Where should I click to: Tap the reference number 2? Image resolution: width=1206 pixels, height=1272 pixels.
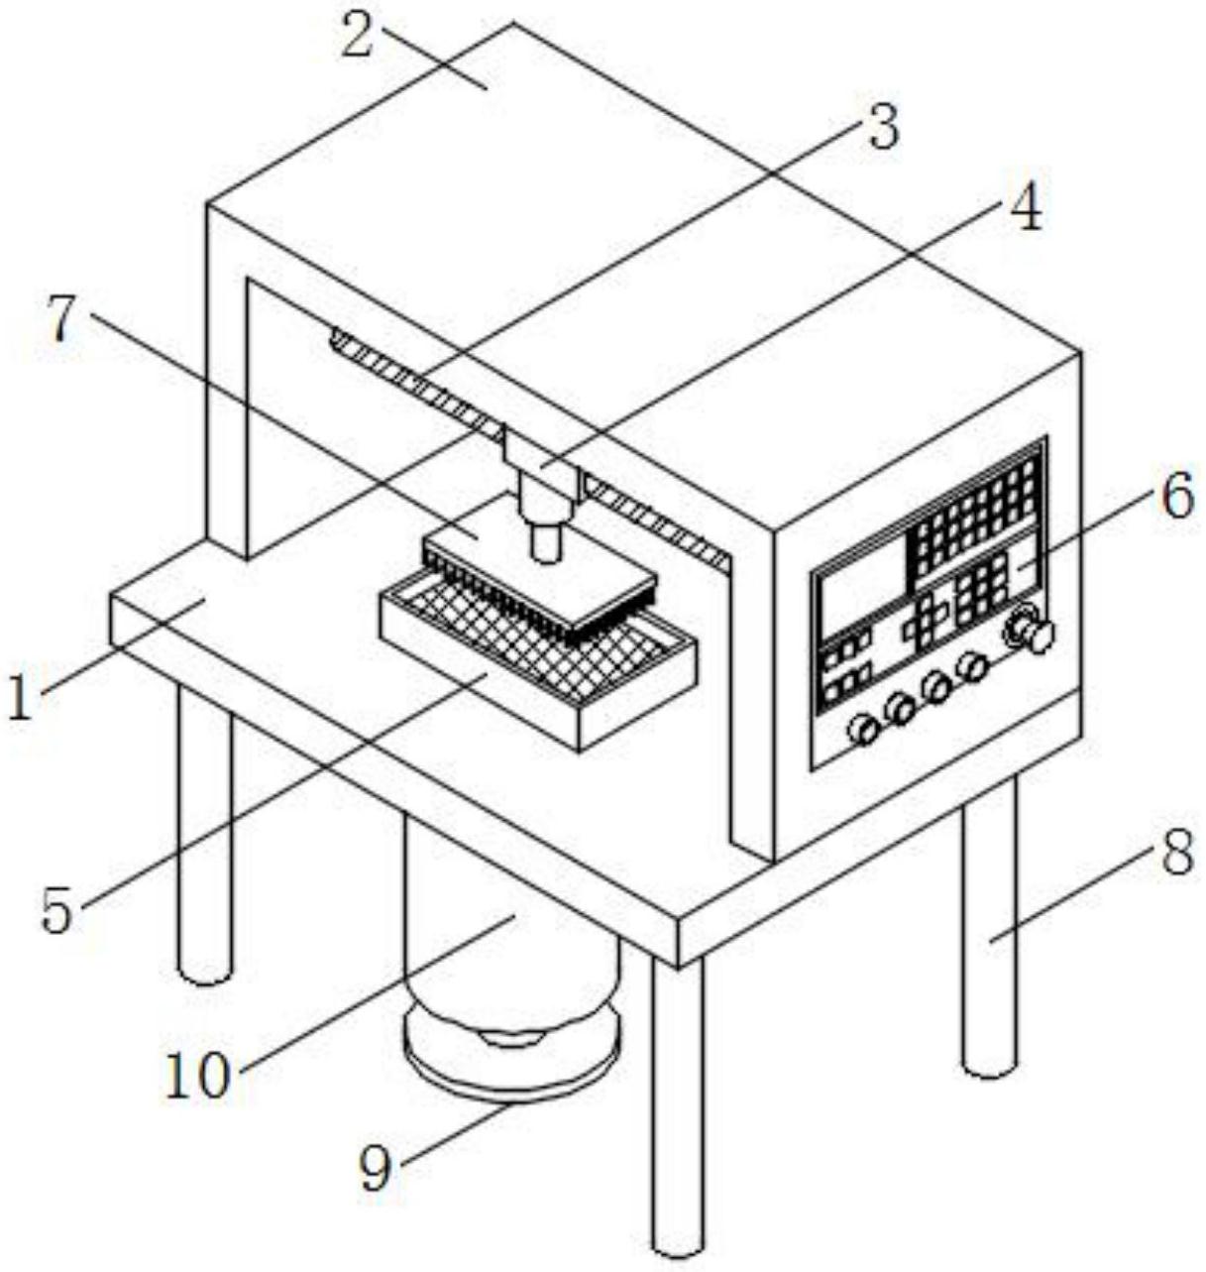tap(359, 35)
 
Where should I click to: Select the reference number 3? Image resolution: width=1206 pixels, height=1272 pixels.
tap(881, 127)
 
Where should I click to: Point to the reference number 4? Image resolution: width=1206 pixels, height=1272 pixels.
tap(1025, 208)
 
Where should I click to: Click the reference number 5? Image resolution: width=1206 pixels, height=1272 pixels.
tap(56, 910)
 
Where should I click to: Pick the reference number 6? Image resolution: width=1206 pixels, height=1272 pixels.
tap(1177, 497)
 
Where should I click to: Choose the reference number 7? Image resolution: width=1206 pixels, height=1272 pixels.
tap(61, 319)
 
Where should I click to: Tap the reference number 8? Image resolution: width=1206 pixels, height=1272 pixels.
tap(1176, 854)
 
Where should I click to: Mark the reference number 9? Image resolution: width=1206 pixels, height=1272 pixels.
tap(375, 1170)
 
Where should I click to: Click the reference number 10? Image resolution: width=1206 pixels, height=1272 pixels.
tap(197, 1076)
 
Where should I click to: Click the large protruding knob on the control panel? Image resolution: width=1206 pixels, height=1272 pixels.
tap(1039, 636)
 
